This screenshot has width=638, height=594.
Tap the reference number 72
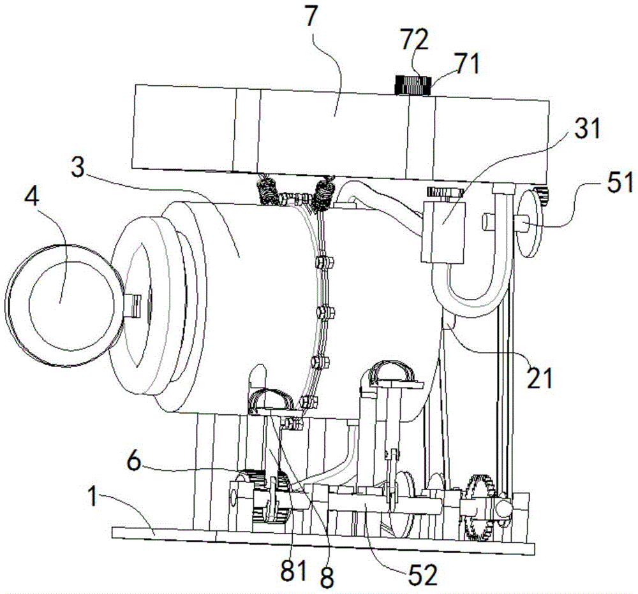click(x=414, y=40)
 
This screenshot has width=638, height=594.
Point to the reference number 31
click(x=587, y=129)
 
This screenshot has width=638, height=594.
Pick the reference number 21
click(x=540, y=377)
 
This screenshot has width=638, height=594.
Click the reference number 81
click(x=293, y=570)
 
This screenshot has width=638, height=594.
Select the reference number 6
click(x=135, y=462)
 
